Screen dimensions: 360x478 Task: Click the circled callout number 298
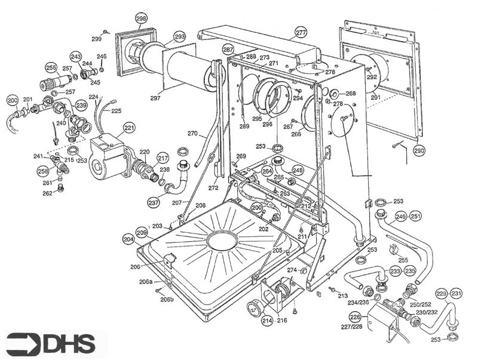pos(141,19)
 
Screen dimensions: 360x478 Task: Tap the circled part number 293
pos(180,37)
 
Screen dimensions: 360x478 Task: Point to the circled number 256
pos(51,67)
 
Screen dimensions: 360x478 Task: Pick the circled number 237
pos(154,202)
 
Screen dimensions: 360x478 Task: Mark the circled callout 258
pos(42,171)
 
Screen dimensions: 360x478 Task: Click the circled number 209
pos(141,232)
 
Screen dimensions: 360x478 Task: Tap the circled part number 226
pos(354,317)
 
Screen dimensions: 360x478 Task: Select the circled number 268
pos(350,93)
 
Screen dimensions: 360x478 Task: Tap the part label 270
pos(192,133)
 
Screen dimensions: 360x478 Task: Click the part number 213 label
pos(342,296)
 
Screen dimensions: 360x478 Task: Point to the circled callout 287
pos(228,49)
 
